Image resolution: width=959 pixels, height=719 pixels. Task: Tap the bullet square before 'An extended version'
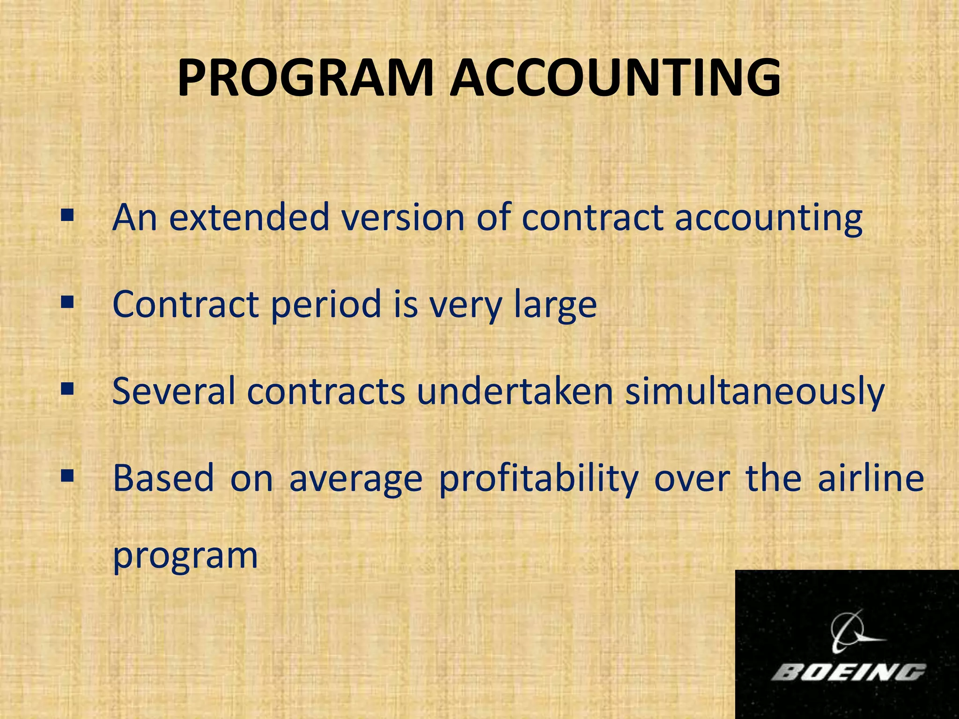(x=67, y=215)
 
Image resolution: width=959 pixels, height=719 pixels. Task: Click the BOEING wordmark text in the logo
(x=848, y=673)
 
